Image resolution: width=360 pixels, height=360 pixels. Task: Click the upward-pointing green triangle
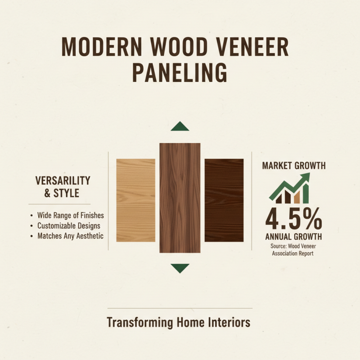point(180,126)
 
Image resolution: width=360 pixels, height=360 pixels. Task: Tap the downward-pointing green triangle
point(180,268)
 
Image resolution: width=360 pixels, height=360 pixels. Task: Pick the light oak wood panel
point(135,200)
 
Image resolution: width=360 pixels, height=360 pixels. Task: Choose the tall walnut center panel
point(180,198)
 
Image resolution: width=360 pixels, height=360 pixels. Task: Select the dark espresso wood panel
point(224,200)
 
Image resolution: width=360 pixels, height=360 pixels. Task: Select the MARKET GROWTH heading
point(293,166)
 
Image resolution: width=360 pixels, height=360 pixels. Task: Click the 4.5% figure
point(293,220)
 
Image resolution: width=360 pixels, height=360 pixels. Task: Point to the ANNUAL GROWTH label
point(293,237)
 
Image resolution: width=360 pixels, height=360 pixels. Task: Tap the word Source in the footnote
point(279,246)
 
